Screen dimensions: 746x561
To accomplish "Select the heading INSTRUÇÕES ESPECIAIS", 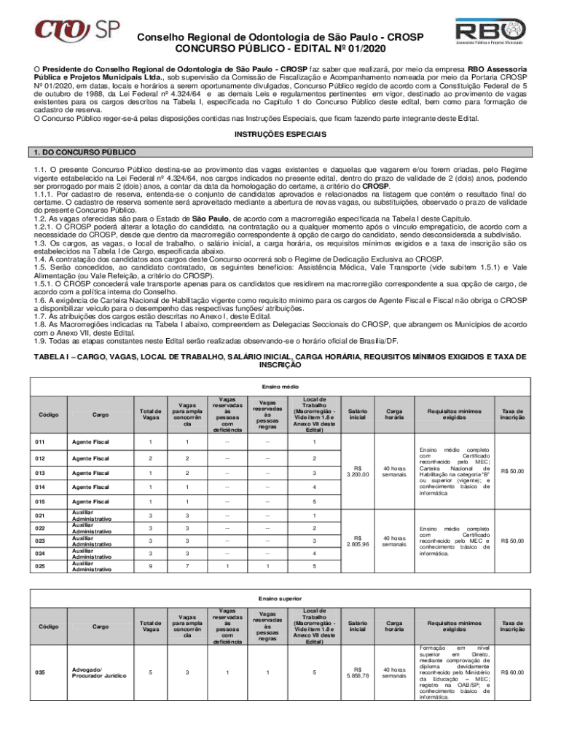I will tap(280, 135).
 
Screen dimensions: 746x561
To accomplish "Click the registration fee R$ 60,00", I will tap(512, 672).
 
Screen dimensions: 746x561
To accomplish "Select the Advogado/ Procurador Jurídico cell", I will tap(91, 672).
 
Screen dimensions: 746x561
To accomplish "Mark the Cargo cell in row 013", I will tap(91, 472).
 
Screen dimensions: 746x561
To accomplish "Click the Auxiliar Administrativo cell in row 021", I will tap(91, 515).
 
